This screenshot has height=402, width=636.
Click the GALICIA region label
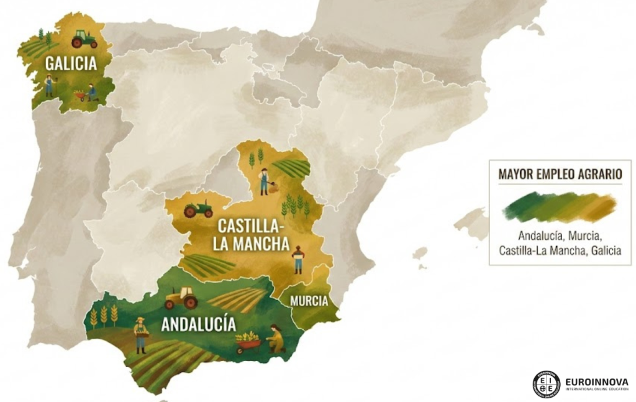(x=71, y=63)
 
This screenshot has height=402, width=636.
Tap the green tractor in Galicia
(x=84, y=40)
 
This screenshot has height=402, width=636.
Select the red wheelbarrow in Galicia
(x=80, y=95)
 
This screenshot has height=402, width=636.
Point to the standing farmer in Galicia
(x=48, y=85)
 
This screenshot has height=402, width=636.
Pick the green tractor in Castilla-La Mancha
(x=198, y=209)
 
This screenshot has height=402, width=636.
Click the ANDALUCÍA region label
(x=198, y=324)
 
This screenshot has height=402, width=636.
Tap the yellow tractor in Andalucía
(x=181, y=298)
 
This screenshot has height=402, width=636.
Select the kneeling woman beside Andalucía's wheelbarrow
(x=275, y=338)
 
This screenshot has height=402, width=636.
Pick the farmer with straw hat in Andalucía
(x=141, y=334)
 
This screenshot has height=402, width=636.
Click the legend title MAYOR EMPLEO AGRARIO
(x=560, y=174)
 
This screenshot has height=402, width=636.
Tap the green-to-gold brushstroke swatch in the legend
(x=560, y=206)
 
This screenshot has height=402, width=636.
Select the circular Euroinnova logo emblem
(x=546, y=384)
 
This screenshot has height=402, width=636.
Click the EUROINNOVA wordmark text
(x=596, y=381)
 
